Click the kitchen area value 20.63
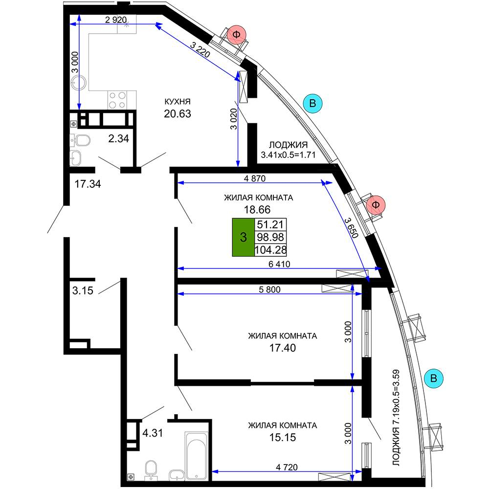(178, 114)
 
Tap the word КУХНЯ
(178, 102)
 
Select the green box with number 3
(243, 237)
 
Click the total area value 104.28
(270, 250)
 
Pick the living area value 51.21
(270, 224)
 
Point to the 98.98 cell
(270, 237)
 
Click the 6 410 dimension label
(279, 264)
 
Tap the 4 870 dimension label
(255, 178)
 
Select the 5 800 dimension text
(269, 289)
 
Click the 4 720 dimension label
(287, 467)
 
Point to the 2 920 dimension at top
(116, 20)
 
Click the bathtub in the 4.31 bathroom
(196, 456)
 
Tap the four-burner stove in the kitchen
(117, 100)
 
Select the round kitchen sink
(78, 83)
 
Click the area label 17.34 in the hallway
(88, 184)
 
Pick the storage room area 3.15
(83, 290)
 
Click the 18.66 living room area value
(257, 210)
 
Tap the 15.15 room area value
(283, 438)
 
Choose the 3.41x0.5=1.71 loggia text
(288, 155)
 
